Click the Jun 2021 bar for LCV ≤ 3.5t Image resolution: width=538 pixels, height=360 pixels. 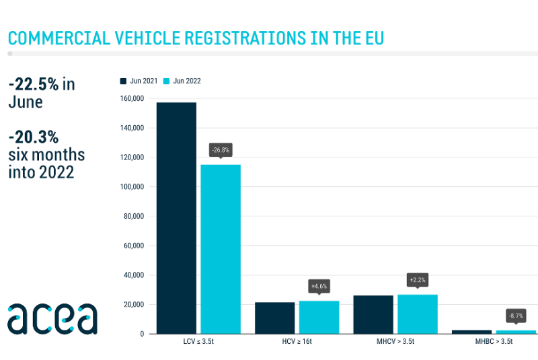[176, 218]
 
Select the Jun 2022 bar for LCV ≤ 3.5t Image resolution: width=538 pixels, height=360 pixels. [221, 249]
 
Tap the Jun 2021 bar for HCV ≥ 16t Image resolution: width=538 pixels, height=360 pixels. [274, 318]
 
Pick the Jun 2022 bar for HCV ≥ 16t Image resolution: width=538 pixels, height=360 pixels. [319, 317]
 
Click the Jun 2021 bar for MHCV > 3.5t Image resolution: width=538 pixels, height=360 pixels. [373, 314]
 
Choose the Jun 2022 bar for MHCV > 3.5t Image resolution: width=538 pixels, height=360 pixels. [417, 314]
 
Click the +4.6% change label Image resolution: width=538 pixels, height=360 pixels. [319, 286]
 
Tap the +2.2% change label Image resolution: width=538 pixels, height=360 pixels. [417, 279]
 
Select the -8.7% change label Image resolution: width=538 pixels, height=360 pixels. [515, 315]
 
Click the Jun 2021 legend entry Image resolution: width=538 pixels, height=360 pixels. [139, 81]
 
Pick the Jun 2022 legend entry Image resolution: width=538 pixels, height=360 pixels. [182, 81]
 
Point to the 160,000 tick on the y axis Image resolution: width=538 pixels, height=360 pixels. [132, 99]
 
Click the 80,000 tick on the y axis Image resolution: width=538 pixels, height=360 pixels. [134, 216]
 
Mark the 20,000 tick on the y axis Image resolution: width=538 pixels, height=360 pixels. [134, 304]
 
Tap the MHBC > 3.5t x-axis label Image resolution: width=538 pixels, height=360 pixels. [493, 342]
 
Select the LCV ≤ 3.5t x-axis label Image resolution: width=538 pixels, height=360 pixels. [198, 342]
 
